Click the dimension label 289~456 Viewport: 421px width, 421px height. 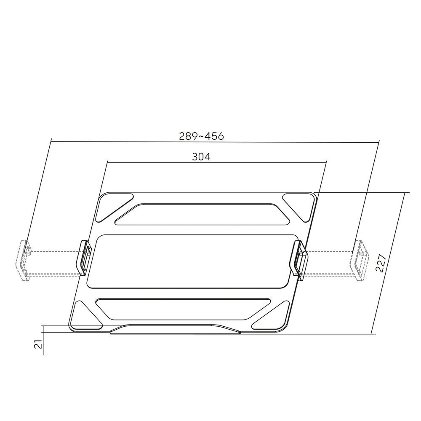click(201, 136)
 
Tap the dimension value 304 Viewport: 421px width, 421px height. click(201, 157)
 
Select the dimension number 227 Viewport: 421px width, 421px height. click(381, 263)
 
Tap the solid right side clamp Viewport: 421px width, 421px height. click(300, 261)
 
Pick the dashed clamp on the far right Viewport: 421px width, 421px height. click(359, 261)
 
